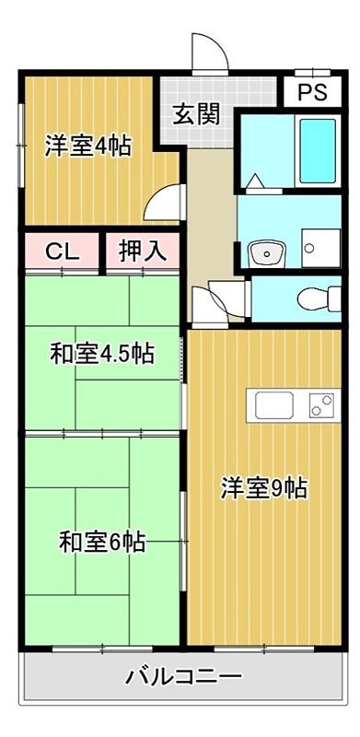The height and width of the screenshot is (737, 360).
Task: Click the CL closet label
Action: click(60, 250)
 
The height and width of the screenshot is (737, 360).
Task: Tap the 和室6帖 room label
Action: click(101, 542)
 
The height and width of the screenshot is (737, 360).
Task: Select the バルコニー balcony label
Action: click(184, 678)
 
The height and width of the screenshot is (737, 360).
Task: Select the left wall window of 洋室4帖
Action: click(22, 129)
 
